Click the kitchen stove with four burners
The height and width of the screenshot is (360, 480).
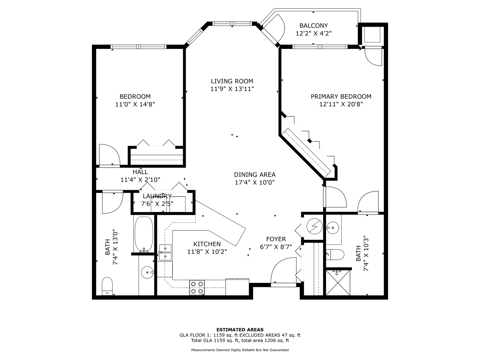(x=197, y=288)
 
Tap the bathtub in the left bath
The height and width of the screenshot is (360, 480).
(x=144, y=234)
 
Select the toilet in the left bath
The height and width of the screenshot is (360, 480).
(x=107, y=286)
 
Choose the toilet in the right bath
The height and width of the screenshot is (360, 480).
(x=335, y=255)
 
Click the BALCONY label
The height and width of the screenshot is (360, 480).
(x=313, y=26)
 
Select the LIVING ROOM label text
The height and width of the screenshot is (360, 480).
(x=232, y=81)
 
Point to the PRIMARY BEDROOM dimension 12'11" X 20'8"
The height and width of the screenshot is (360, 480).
(x=341, y=104)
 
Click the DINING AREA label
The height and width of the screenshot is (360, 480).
(x=255, y=175)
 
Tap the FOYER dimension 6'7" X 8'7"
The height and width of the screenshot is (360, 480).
(x=276, y=247)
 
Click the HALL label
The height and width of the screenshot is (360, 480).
(x=140, y=172)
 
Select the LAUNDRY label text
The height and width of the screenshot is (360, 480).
(x=157, y=196)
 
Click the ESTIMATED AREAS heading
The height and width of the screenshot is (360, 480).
(x=240, y=330)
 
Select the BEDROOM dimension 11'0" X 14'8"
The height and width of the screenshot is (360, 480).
(x=135, y=104)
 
